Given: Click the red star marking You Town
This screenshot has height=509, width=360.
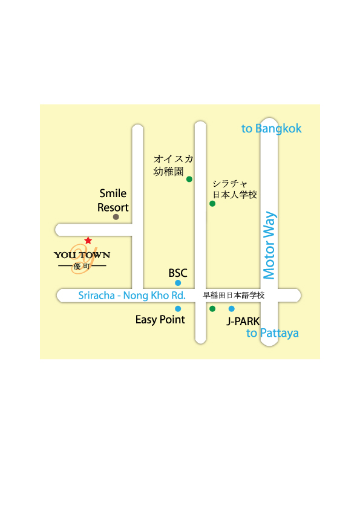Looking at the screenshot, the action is pos(88,241).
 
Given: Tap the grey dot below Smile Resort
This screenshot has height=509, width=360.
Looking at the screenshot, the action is pos(116,217).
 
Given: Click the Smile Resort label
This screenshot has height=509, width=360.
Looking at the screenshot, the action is pos(113,200).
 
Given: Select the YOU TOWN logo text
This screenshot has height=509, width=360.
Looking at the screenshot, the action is pos(82,255).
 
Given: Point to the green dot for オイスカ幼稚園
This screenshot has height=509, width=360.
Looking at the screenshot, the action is pos(189,179).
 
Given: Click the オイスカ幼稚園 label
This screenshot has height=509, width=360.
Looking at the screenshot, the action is pos(173,165).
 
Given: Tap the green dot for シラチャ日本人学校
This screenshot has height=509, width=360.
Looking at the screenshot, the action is pos(212,204).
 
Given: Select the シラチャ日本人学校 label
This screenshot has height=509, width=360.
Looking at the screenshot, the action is pos(235,189).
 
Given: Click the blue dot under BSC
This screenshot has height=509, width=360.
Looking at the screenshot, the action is pos(178,283).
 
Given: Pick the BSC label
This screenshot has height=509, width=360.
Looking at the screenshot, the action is pos(178,273).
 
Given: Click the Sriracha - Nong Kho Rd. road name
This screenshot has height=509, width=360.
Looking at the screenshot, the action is pos(132,296).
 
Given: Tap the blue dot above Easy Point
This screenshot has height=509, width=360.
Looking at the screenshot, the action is pos(178,309).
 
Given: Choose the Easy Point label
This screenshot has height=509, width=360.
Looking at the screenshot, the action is pos(160,320).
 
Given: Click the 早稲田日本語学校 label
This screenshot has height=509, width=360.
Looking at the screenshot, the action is pos(234,295).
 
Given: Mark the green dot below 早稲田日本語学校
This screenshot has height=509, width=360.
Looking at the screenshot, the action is pos(212,309).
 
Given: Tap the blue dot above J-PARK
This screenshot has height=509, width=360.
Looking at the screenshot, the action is pos(231,309).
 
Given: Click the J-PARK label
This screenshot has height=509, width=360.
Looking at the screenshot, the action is pos(243,322).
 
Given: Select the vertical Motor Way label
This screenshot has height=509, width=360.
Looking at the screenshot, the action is pos(269,245).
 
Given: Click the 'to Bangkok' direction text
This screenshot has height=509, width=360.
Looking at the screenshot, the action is pos(271,129).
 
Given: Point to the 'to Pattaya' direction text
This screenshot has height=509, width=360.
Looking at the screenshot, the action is pos(272,333).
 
